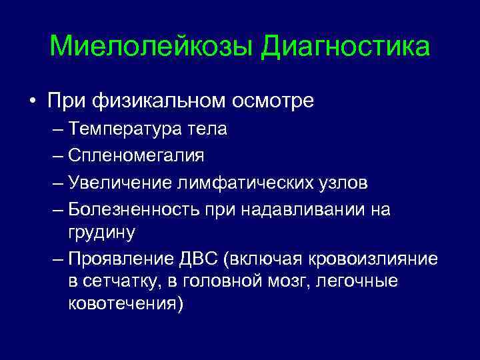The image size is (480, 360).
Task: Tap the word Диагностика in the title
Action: tap(345, 47)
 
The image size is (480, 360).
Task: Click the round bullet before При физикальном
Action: tap(32, 102)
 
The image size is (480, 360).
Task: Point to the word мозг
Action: tap(294, 281)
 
